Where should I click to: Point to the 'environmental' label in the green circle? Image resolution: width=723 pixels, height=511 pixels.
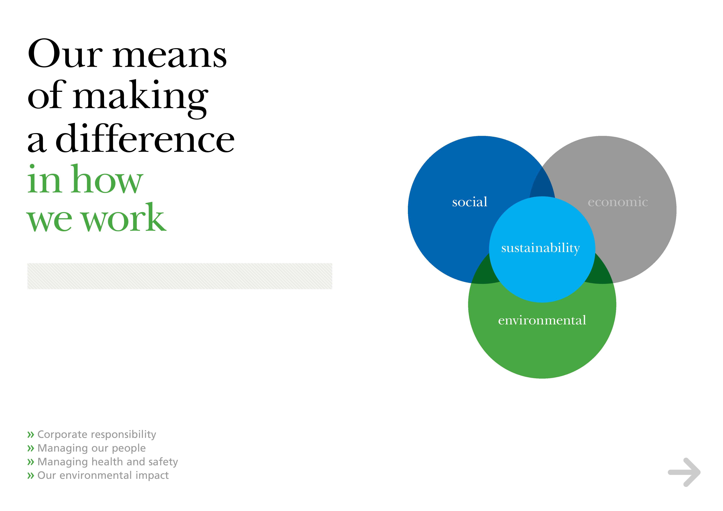(542, 320)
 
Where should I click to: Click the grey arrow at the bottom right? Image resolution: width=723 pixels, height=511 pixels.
(684, 472)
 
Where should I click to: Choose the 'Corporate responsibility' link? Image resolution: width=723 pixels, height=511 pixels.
(97, 435)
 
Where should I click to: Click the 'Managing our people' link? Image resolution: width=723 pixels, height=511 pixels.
(92, 448)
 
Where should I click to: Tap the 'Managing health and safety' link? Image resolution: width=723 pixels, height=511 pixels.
(108, 462)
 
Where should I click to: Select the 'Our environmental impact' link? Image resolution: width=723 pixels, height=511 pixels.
(103, 475)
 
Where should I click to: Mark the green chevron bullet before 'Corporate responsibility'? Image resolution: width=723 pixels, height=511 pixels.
(31, 435)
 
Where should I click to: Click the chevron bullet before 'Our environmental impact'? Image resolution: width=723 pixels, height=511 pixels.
(31, 476)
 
